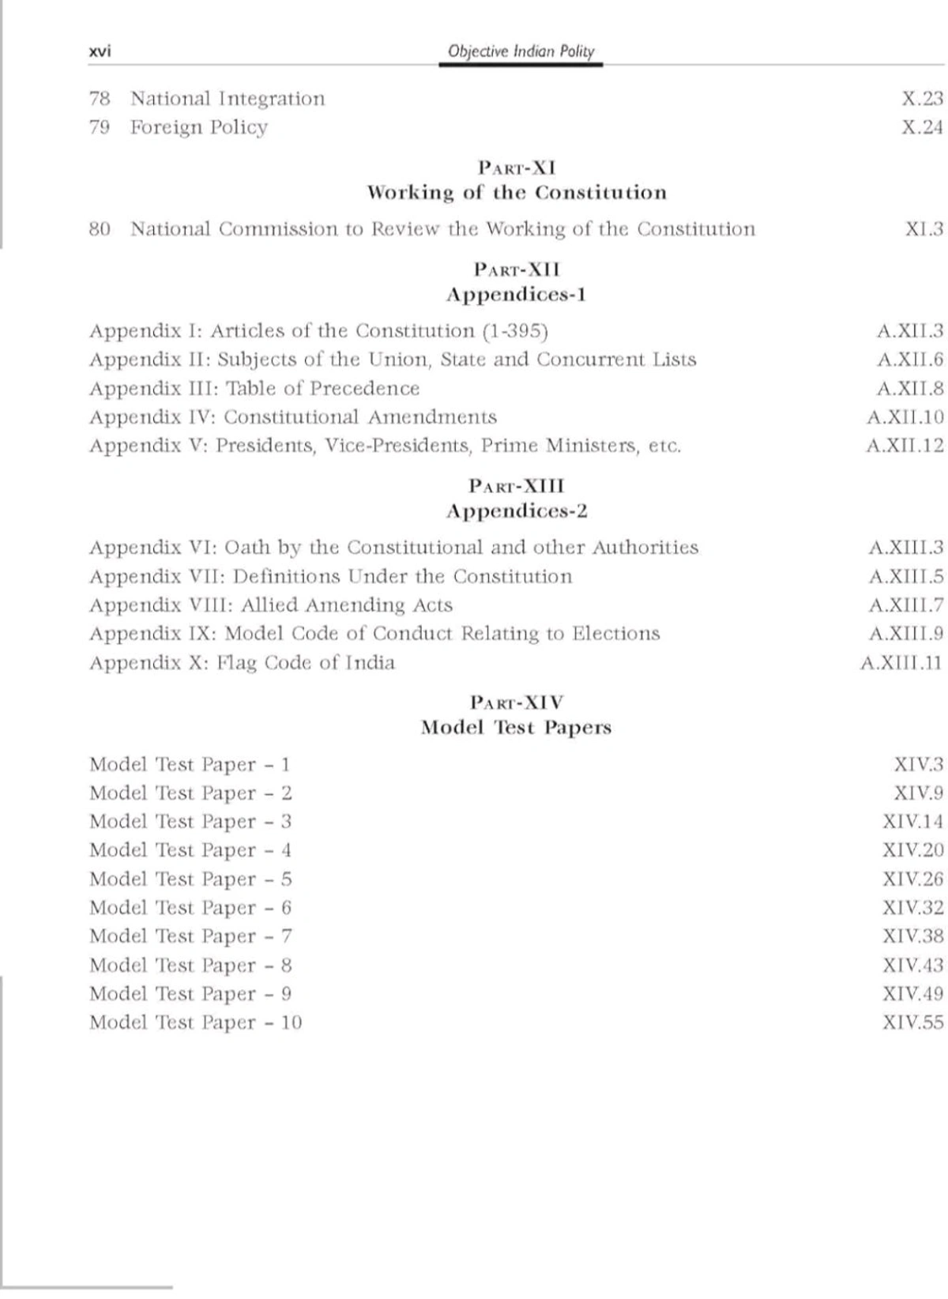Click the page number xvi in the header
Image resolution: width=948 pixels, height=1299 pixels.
(x=100, y=52)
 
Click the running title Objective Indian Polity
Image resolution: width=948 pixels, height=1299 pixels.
(x=521, y=51)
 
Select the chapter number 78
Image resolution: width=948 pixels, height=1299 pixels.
(x=100, y=99)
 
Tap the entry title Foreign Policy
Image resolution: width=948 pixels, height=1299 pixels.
(x=198, y=127)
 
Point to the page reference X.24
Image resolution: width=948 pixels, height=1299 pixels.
(x=922, y=127)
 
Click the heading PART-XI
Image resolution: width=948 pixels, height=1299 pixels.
(x=517, y=168)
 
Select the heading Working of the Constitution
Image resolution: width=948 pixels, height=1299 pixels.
(x=517, y=193)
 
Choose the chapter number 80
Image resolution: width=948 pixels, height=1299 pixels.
(x=100, y=229)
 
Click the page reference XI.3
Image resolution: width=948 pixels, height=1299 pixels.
(x=924, y=229)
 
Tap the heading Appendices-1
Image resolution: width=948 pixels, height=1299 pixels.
(x=517, y=295)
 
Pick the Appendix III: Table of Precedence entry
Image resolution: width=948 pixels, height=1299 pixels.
(x=254, y=389)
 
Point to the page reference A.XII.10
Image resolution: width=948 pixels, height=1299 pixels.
(x=905, y=417)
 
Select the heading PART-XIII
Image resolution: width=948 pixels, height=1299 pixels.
(x=517, y=485)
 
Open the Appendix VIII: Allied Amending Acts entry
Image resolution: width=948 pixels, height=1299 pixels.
(x=270, y=605)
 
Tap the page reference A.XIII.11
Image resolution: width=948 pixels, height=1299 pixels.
(x=901, y=662)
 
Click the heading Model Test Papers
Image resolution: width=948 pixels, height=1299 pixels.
(x=517, y=728)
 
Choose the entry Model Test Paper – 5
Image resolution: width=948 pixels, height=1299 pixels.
(x=190, y=879)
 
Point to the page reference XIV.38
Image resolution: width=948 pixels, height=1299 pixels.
(x=912, y=936)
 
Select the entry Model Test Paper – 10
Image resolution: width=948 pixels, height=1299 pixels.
(x=195, y=1022)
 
